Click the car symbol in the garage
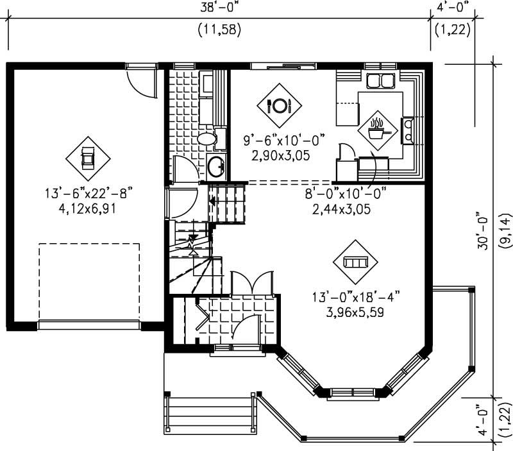click(x=88, y=158)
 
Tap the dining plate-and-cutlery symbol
click(x=279, y=105)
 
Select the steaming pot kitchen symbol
click(x=378, y=130)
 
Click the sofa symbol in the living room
click(x=355, y=262)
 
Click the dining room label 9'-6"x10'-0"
click(x=284, y=140)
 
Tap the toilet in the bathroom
click(x=206, y=138)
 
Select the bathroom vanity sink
click(x=216, y=166)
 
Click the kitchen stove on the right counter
click(x=407, y=131)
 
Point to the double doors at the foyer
click(x=253, y=282)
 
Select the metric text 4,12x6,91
click(x=88, y=208)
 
